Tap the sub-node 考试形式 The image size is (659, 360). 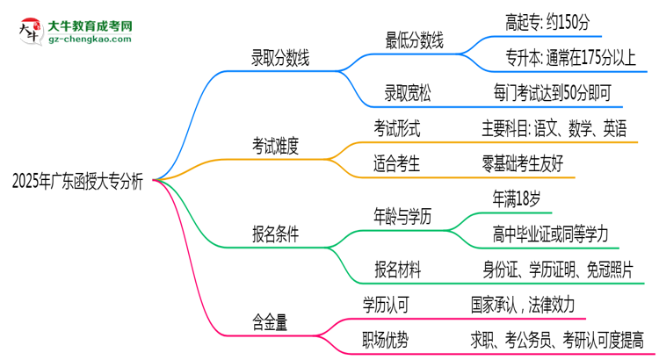click(x=397, y=129)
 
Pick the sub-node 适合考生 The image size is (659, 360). click(x=397, y=163)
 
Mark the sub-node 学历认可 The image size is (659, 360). click(x=387, y=305)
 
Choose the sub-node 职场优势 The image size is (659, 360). click(x=387, y=339)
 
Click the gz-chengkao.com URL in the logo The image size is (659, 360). click(x=91, y=40)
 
